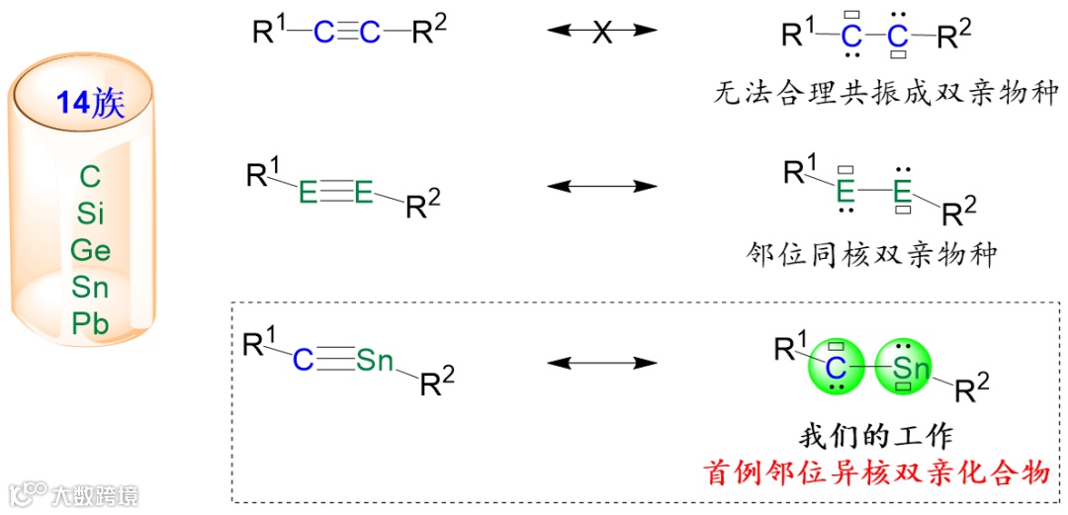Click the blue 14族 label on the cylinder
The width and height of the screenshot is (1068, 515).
coord(90,104)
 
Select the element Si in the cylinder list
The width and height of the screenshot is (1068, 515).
coord(90,214)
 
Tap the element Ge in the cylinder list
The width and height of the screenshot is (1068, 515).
coord(90,250)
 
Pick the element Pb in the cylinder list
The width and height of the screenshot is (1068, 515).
coord(90,323)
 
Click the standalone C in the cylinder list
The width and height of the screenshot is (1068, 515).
coord(90,178)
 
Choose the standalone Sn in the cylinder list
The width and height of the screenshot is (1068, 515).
coord(90,287)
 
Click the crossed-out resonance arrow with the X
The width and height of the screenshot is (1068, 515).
coord(602,32)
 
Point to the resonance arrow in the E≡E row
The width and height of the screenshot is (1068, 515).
coord(602,185)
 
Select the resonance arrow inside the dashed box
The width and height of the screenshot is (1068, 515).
coord(602,363)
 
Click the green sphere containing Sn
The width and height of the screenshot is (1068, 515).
coord(904,368)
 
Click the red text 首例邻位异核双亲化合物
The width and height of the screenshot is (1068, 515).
coord(876,472)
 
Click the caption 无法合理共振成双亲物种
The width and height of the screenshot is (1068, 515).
coord(886,93)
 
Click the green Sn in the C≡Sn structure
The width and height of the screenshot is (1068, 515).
coord(375,361)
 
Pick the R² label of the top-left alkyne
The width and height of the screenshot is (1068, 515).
coord(429,32)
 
